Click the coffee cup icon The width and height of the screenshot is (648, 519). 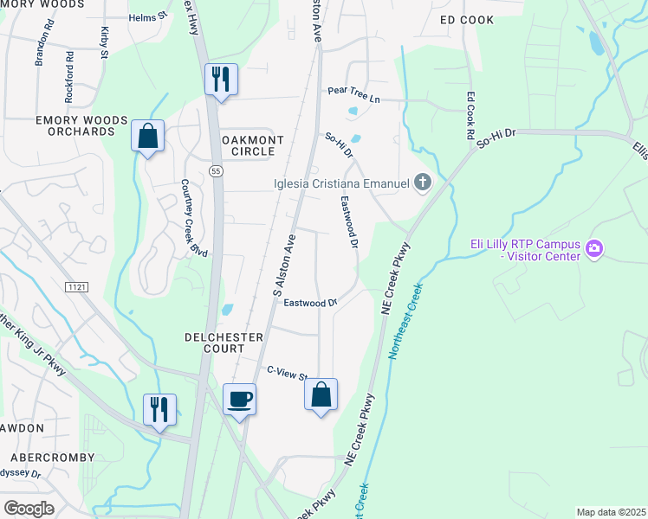[x=239, y=399]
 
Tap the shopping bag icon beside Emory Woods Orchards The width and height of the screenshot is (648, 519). [x=147, y=136]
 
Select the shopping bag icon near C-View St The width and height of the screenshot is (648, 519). [x=321, y=394]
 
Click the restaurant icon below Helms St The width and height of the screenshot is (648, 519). [x=220, y=80]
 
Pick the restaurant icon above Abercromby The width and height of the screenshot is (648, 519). [x=159, y=409]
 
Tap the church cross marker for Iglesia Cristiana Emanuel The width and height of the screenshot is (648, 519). [x=423, y=183]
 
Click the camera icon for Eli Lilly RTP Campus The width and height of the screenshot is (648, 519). [x=593, y=249]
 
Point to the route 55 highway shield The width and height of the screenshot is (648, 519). [x=216, y=172]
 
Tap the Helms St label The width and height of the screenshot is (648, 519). [x=147, y=17]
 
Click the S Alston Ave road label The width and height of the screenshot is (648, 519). [x=285, y=265]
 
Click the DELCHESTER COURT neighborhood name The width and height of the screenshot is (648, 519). [x=215, y=342]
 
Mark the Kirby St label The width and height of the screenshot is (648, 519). [x=105, y=42]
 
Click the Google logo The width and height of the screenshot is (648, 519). [x=29, y=508]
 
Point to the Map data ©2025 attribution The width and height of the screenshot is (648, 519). [x=611, y=512]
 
